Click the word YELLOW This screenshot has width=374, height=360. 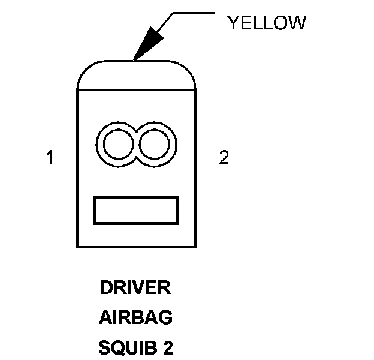(x=266, y=23)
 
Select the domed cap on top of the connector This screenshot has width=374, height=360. (x=137, y=76)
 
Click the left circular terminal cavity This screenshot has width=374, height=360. (x=117, y=145)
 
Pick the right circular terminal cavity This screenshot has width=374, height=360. (x=155, y=145)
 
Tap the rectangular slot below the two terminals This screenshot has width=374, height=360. (x=136, y=210)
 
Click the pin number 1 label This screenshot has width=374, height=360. (x=50, y=158)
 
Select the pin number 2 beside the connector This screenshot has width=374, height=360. (x=224, y=158)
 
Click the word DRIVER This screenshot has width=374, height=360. (x=135, y=288)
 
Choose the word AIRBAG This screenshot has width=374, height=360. (x=135, y=318)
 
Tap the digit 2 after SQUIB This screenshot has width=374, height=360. (x=168, y=348)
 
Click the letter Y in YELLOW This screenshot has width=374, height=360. (x=232, y=23)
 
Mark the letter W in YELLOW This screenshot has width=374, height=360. (x=298, y=23)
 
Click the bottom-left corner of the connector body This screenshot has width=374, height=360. (x=77, y=247)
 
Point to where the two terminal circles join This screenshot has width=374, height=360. (x=136, y=145)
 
